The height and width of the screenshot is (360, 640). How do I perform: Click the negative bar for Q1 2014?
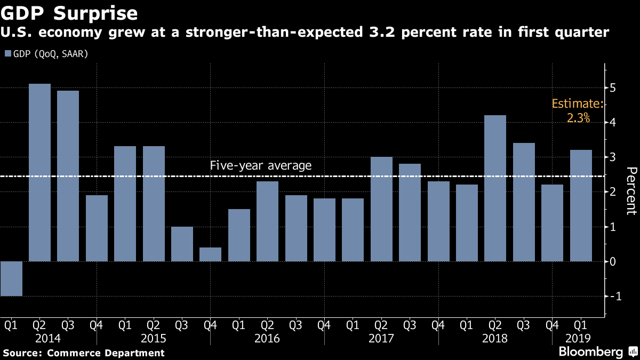pyautogui.click(x=11, y=278)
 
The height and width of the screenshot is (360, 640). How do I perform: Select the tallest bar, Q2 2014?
pyautogui.click(x=39, y=172)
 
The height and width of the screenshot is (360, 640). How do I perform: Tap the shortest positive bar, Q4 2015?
pyautogui.click(x=210, y=254)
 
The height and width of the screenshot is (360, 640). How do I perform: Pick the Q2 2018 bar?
pyautogui.click(x=495, y=188)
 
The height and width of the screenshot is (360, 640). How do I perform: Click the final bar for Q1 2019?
pyautogui.click(x=581, y=205)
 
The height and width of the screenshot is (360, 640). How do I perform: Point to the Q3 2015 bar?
pyautogui.click(x=182, y=244)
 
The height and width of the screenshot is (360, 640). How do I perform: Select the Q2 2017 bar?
pyautogui.click(x=381, y=209)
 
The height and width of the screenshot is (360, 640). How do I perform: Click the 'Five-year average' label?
pyautogui.click(x=261, y=166)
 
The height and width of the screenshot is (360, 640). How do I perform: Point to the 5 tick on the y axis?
pyautogui.click(x=613, y=87)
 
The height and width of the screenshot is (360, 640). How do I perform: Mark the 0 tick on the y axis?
pyautogui.click(x=613, y=261)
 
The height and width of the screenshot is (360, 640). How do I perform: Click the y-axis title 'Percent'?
pyautogui.click(x=631, y=190)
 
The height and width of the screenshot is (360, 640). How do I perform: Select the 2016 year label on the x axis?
pyautogui.click(x=267, y=339)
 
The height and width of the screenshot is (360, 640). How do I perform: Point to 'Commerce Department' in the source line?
pyautogui.click(x=106, y=353)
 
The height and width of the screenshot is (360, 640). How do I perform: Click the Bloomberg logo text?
pyautogui.click(x=590, y=352)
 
